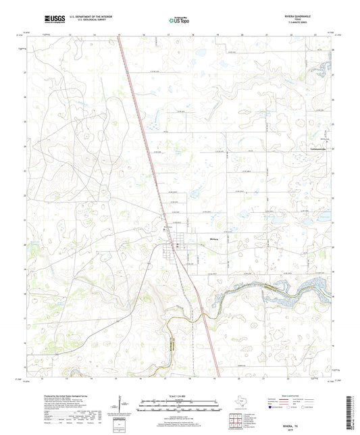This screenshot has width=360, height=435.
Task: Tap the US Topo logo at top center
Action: [180, 20]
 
